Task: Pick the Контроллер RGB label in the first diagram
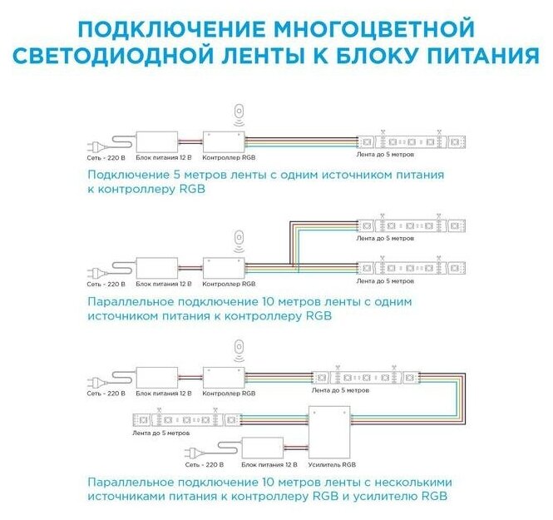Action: [x=222, y=156]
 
